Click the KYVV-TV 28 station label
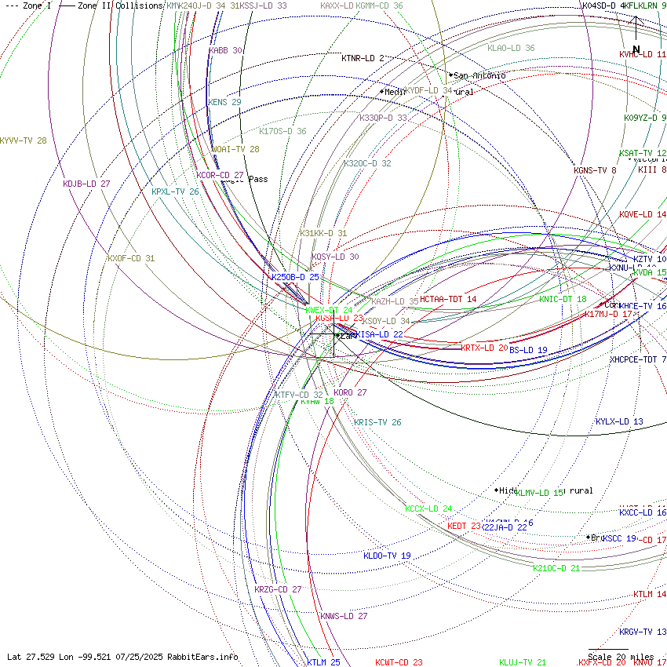(x=23, y=141)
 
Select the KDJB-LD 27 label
(x=86, y=184)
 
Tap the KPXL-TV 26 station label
(x=175, y=191)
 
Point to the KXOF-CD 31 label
(x=131, y=258)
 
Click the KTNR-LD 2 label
(x=363, y=58)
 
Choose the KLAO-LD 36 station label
(x=511, y=48)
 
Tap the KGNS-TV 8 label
(x=595, y=170)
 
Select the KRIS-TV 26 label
(x=377, y=422)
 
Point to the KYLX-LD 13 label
(x=619, y=421)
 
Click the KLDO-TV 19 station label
(x=387, y=556)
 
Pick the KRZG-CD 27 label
(x=278, y=589)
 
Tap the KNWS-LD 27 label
(x=344, y=616)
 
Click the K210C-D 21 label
(x=556, y=568)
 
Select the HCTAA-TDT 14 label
(x=448, y=299)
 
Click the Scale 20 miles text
(x=621, y=657)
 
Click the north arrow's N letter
(x=636, y=49)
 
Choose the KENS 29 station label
(x=224, y=102)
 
